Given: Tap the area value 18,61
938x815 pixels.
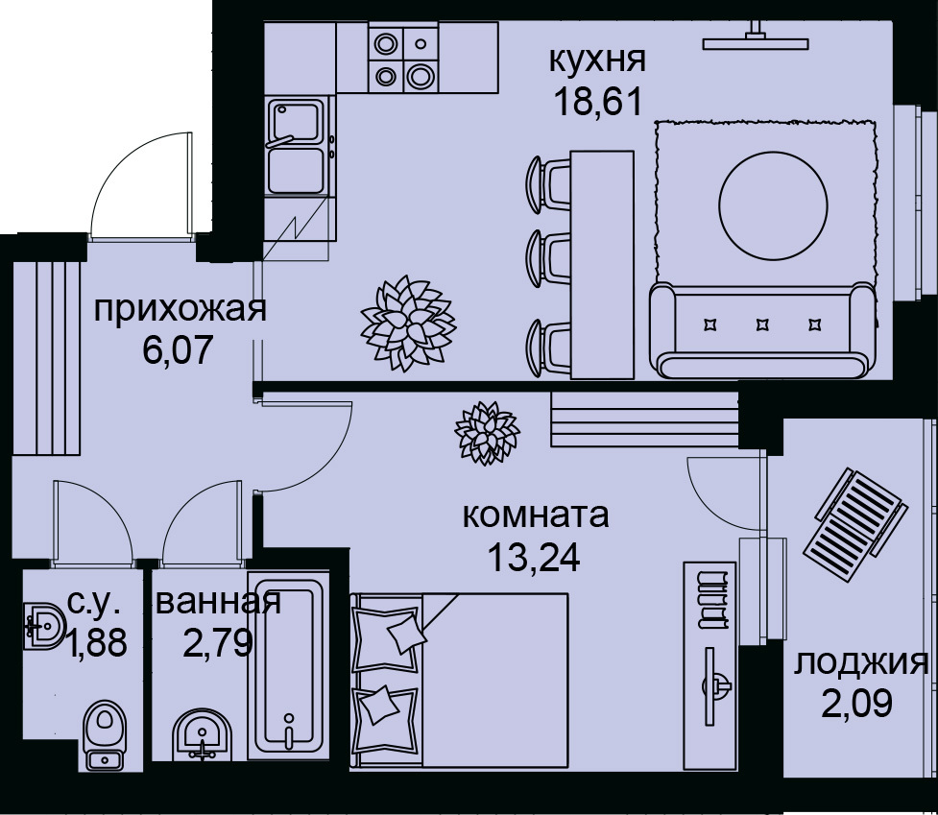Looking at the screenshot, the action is click(596, 99).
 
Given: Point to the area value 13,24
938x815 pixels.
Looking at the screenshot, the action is click(534, 557).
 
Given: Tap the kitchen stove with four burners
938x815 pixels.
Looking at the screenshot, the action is click(402, 60).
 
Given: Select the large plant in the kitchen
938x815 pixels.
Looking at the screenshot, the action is click(406, 322).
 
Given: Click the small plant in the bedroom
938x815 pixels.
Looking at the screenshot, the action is click(487, 430).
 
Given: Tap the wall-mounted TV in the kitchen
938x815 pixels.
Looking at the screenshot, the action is click(757, 40).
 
